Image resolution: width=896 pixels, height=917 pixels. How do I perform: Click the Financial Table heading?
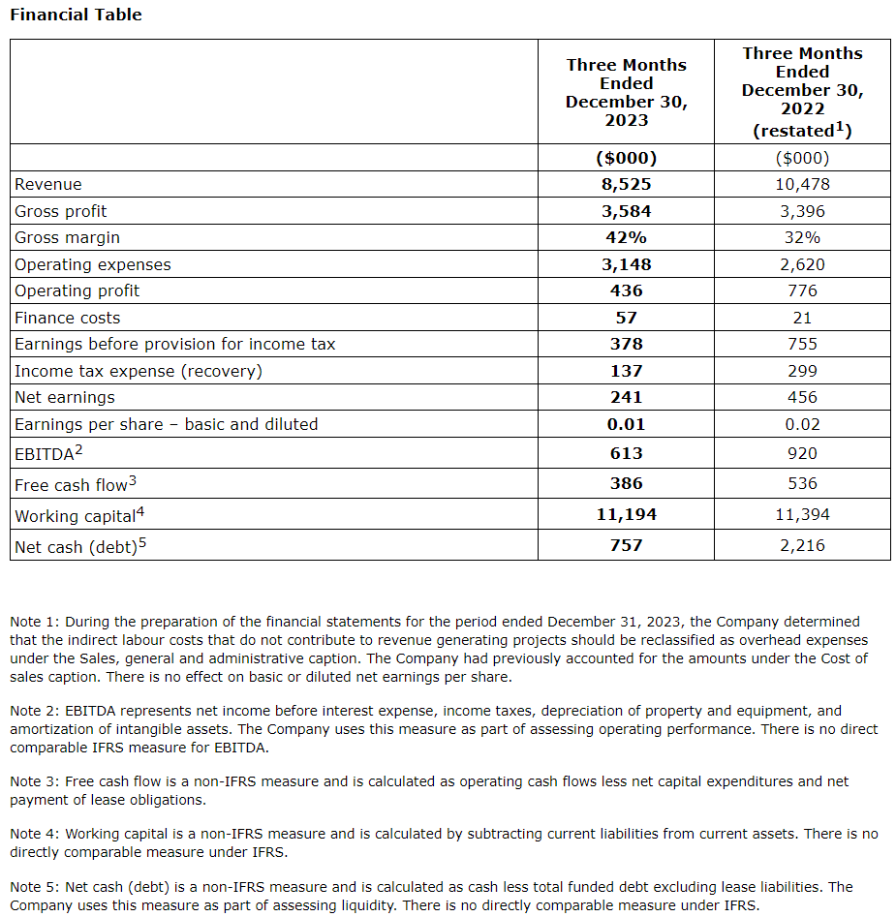click(76, 15)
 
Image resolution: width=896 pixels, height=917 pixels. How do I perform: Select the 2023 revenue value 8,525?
click(626, 184)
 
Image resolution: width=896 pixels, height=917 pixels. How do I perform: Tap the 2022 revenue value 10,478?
click(802, 184)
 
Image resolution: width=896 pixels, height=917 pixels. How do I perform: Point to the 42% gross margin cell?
click(626, 237)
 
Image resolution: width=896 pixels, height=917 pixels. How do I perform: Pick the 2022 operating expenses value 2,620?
click(802, 264)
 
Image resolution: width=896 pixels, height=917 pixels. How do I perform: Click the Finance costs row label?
click(68, 318)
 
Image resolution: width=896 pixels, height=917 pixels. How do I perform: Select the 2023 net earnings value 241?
click(626, 397)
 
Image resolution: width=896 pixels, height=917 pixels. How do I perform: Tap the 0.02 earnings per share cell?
click(802, 424)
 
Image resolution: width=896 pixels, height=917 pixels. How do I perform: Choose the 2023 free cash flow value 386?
click(626, 483)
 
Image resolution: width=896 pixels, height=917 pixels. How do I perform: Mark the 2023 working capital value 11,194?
click(626, 514)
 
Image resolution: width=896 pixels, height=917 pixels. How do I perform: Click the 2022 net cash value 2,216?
click(802, 545)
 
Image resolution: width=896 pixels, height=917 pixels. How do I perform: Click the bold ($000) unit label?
click(626, 158)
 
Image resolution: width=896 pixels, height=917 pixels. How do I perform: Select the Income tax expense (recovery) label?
click(139, 371)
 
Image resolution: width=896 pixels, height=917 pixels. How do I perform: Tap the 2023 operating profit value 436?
click(626, 290)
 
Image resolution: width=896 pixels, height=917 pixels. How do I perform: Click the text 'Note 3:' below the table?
click(34, 781)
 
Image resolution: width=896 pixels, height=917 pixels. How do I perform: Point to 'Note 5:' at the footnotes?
click(34, 887)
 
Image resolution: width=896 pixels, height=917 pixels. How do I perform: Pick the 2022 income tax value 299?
click(802, 371)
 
